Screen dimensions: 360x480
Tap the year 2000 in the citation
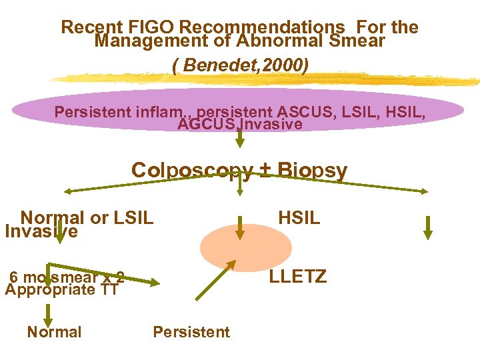pyautogui.click(x=285, y=67)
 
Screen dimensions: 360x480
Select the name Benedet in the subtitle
pyautogui.click(x=217, y=67)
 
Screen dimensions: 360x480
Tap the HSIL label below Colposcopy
pyautogui.click(x=299, y=217)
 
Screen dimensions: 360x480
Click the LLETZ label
pyautogui.click(x=298, y=276)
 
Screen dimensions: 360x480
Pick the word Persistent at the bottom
pyautogui.click(x=191, y=332)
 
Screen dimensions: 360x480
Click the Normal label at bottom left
pyautogui.click(x=54, y=332)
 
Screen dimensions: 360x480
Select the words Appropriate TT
pyautogui.click(x=61, y=289)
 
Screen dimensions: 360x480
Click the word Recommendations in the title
pyautogui.click(x=262, y=27)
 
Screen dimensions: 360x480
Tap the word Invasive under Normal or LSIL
pyautogui.click(x=41, y=231)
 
